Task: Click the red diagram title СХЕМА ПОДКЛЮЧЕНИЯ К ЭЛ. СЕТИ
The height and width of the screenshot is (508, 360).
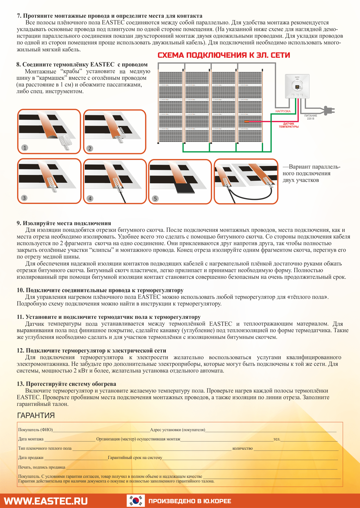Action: click(x=224, y=55)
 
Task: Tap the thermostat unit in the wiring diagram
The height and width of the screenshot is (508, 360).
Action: click(x=298, y=86)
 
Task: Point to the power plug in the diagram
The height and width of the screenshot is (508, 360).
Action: click(x=329, y=110)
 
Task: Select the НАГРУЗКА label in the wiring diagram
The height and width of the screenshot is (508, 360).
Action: click(x=283, y=111)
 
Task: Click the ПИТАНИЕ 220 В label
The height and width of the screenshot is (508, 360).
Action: click(x=311, y=117)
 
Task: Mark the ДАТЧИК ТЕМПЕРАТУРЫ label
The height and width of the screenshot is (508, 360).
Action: click(x=289, y=125)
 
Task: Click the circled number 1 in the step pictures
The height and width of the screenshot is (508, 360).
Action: click(x=25, y=148)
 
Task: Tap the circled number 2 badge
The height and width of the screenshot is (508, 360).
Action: click(x=90, y=148)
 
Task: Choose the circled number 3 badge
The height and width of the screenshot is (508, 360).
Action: click(x=24, y=198)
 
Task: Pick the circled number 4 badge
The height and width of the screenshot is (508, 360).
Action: click(x=90, y=198)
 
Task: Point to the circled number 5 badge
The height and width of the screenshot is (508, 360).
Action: click(x=155, y=198)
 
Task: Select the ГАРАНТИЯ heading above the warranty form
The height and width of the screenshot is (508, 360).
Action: click(x=36, y=415)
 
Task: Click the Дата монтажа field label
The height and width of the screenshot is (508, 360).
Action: click(x=31, y=439)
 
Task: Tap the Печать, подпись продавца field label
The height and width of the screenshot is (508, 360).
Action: click(x=42, y=467)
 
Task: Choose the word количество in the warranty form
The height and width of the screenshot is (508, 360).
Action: click(x=242, y=448)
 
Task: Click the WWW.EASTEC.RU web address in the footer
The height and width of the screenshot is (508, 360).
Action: click(x=46, y=501)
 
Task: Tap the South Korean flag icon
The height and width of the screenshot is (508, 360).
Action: click(x=136, y=501)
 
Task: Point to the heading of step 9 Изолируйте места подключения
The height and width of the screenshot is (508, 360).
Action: click(x=64, y=223)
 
